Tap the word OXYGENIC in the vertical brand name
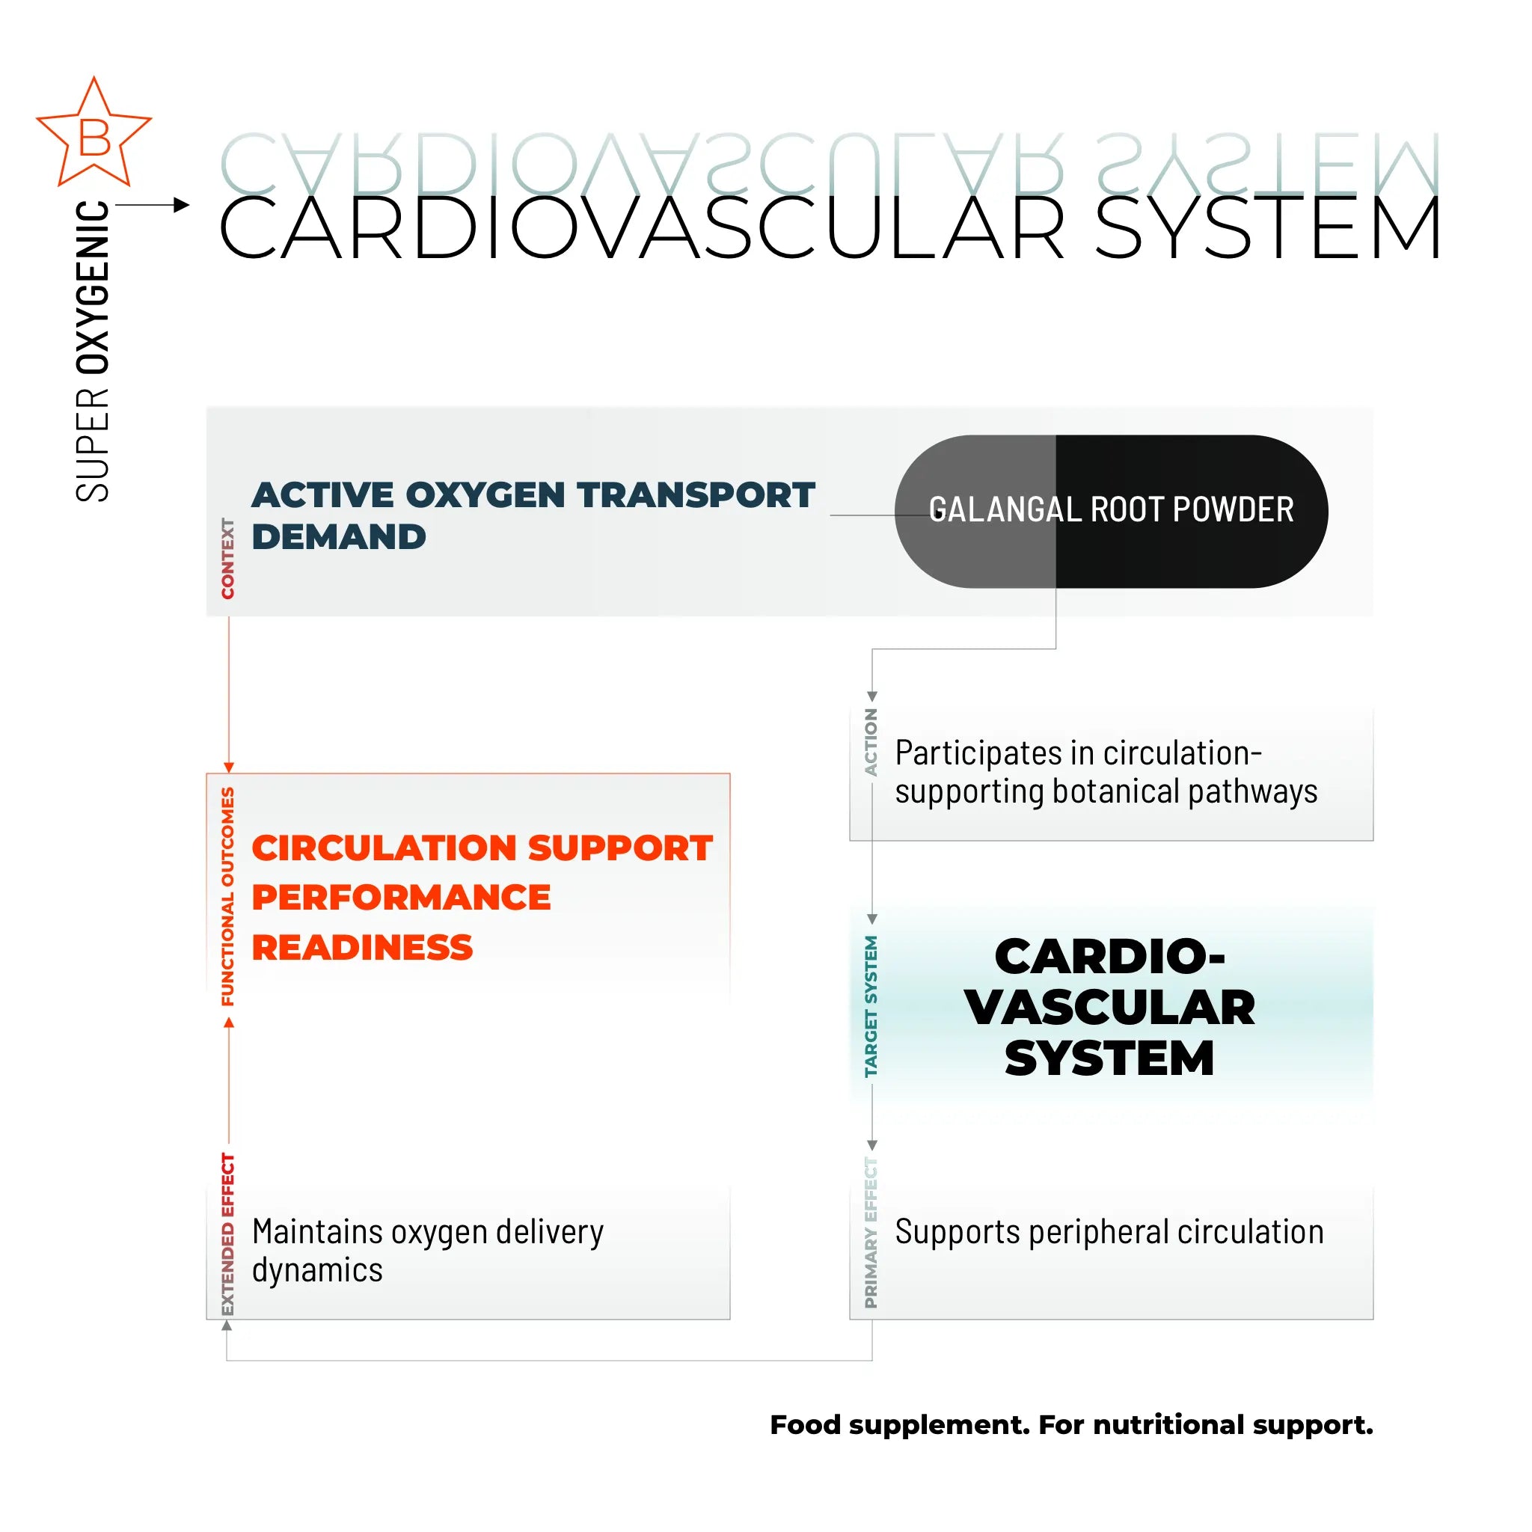[93, 287]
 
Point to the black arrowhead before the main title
[182, 206]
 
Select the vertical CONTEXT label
[228, 558]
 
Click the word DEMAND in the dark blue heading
[339, 537]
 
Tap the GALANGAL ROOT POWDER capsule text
[1111, 510]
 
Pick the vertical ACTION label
[871, 742]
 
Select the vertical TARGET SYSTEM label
[871, 1006]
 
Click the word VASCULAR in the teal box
[1109, 1008]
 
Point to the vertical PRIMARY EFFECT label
[871, 1232]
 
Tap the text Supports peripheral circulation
[1109, 1232]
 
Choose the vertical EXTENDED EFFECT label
[228, 1234]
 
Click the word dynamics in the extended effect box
[317, 1270]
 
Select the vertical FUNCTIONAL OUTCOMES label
[228, 897]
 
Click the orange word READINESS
[362, 948]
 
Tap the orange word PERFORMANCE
[401, 898]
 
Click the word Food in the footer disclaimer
[804, 1425]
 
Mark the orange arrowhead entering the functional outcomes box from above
[229, 767]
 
